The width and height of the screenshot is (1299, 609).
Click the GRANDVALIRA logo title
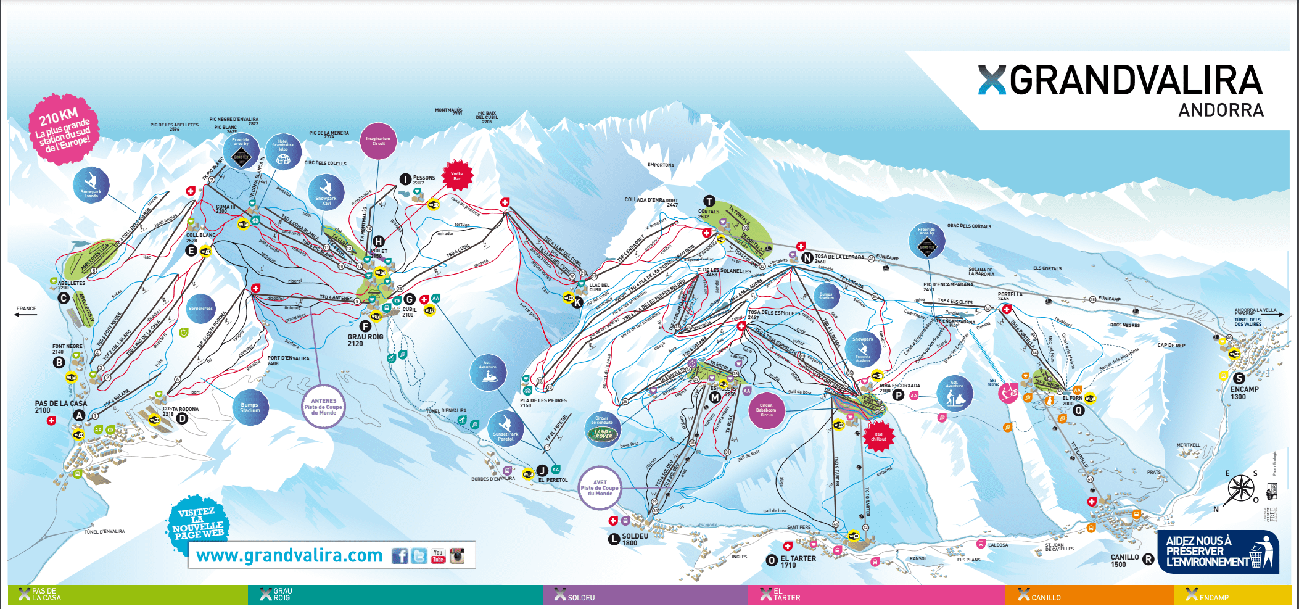(x=1121, y=81)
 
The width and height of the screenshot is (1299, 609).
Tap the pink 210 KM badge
(x=64, y=129)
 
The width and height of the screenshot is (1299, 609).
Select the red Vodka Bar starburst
(x=457, y=176)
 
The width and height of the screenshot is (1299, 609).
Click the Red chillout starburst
(x=878, y=436)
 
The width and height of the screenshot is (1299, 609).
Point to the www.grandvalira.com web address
(x=289, y=555)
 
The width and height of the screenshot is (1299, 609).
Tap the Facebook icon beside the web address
(x=400, y=556)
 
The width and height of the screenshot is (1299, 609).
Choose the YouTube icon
(x=438, y=556)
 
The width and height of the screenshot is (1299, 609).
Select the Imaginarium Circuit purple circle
(x=378, y=141)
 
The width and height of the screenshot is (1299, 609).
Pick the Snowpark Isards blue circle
(x=91, y=185)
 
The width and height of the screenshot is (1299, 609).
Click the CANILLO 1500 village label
(x=1124, y=560)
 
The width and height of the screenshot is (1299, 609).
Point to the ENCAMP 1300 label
(x=1243, y=392)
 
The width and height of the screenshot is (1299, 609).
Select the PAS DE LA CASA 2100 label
(x=60, y=407)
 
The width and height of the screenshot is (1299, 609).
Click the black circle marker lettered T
(x=709, y=201)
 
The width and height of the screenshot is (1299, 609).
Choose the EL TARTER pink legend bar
(x=876, y=595)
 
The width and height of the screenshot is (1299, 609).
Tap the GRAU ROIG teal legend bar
(x=395, y=595)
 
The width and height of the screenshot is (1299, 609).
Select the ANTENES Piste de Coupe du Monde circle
(x=324, y=406)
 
